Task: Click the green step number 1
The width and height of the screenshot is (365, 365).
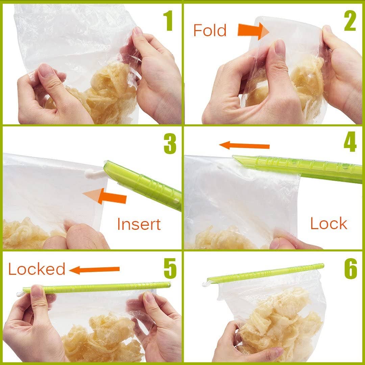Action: [168, 21]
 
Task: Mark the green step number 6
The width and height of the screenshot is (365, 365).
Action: [351, 269]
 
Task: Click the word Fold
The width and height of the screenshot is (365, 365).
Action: [210, 30]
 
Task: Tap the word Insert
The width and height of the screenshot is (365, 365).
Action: [139, 224]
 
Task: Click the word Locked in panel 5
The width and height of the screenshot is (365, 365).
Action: [36, 269]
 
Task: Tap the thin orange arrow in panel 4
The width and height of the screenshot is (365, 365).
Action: [244, 146]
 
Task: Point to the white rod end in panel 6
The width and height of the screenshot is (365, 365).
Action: [205, 284]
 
